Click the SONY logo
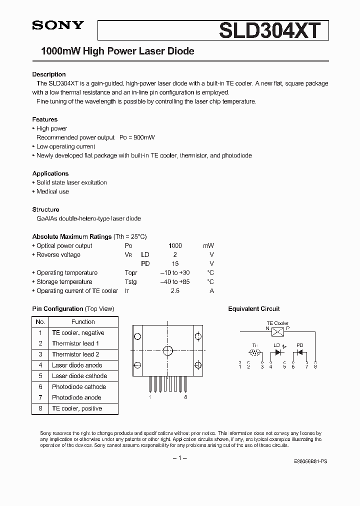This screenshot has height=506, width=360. click(x=58, y=25)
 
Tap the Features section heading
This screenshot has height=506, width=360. click(x=45, y=119)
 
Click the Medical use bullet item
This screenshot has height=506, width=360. click(x=52, y=191)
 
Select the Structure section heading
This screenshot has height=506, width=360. click(x=45, y=209)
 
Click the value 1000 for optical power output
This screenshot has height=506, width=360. click(x=175, y=246)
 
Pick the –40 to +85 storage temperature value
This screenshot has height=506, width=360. click(x=174, y=282)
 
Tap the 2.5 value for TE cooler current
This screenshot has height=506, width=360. click(x=174, y=291)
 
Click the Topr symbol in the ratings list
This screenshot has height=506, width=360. click(x=131, y=273)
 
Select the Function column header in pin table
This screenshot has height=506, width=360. click(x=83, y=322)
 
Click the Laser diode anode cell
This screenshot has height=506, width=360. click(x=77, y=365)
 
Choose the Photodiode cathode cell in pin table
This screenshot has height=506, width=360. click(x=79, y=386)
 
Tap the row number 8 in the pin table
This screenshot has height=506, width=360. click(x=40, y=408)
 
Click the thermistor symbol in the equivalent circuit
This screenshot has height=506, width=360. click(x=254, y=352)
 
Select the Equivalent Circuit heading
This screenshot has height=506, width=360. click(x=254, y=309)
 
